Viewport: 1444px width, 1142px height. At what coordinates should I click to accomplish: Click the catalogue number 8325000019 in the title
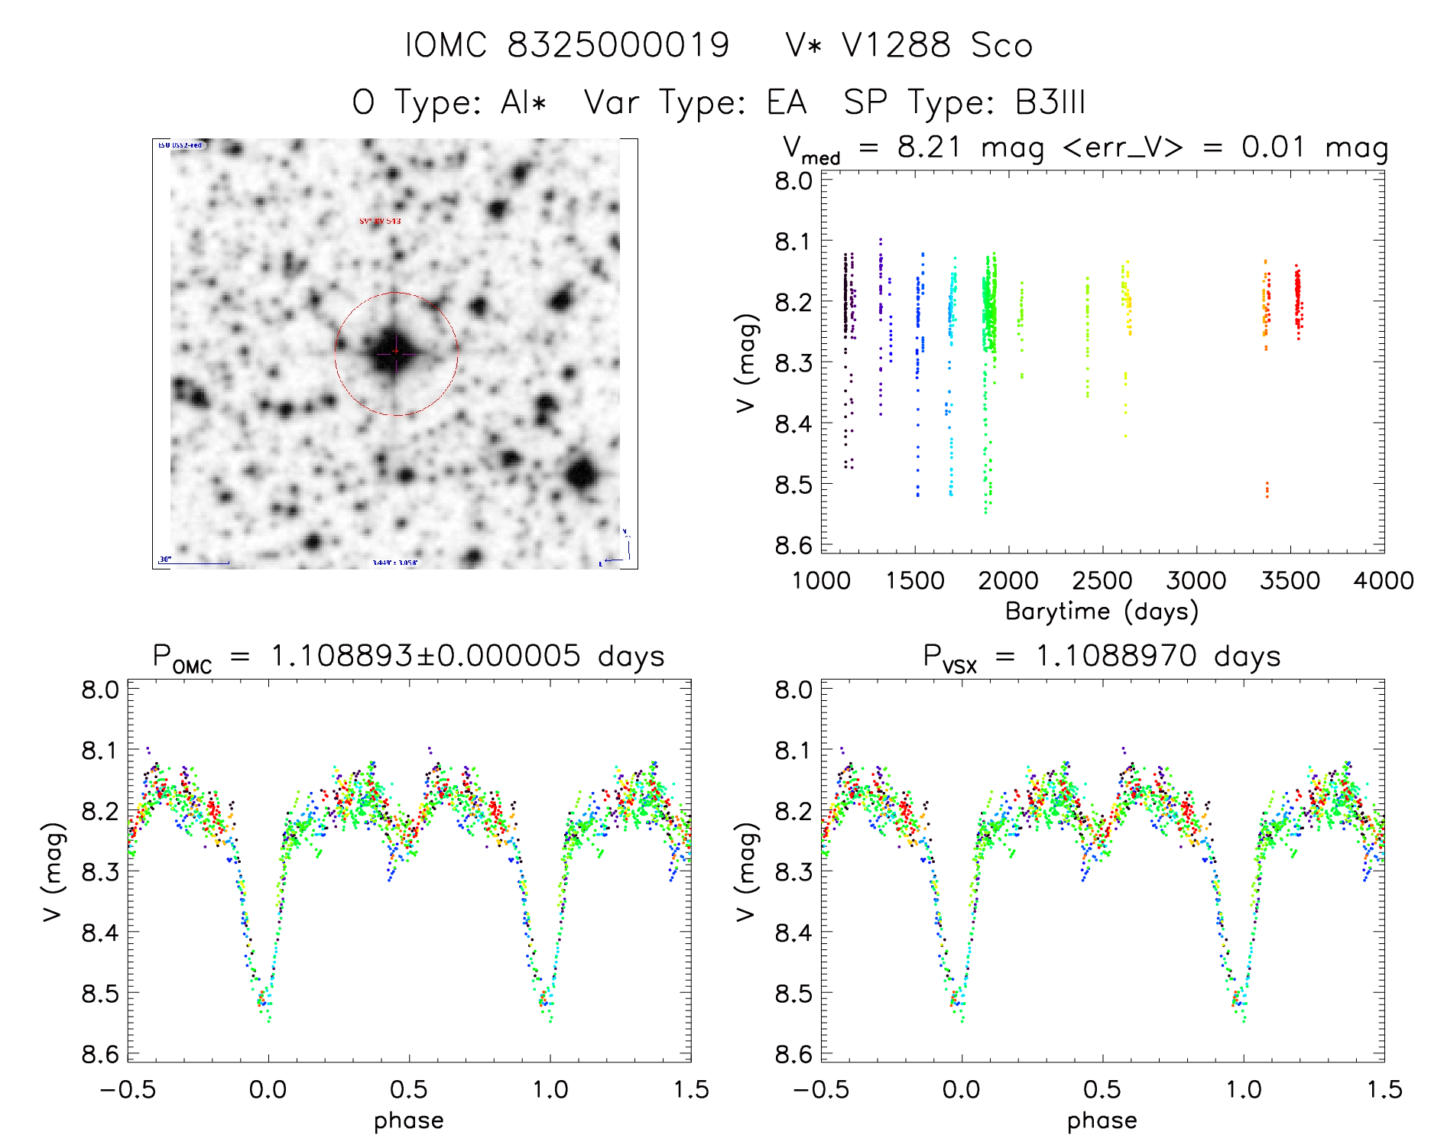pyautogui.click(x=618, y=45)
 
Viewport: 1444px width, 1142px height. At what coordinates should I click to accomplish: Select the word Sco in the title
pyautogui.click(x=1001, y=45)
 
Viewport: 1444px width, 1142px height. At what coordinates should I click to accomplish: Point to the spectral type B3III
pyautogui.click(x=1050, y=102)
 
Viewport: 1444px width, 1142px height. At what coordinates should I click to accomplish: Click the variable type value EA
pyautogui.click(x=787, y=102)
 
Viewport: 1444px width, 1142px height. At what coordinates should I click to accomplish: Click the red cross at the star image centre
pyautogui.click(x=396, y=351)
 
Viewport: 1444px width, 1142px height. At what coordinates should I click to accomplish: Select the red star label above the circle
pyautogui.click(x=380, y=221)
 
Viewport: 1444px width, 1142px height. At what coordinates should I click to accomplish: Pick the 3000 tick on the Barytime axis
pyautogui.click(x=1196, y=580)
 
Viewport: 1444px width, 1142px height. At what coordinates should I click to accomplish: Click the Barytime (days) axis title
pyautogui.click(x=1102, y=612)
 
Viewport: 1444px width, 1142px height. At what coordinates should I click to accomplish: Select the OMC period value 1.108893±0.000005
pyautogui.click(x=426, y=656)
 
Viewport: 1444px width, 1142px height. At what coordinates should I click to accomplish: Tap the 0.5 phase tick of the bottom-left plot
pyautogui.click(x=409, y=1089)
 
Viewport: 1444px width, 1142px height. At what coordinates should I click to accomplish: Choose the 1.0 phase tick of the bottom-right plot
pyautogui.click(x=1244, y=1089)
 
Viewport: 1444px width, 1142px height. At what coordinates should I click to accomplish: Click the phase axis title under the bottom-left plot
pyautogui.click(x=409, y=1121)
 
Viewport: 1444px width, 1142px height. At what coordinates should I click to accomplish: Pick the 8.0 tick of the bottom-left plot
pyautogui.click(x=100, y=689)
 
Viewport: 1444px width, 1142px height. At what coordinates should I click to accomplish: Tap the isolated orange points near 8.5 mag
pyautogui.click(x=1267, y=489)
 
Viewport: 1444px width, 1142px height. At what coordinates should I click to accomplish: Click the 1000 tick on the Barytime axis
pyautogui.click(x=821, y=580)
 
